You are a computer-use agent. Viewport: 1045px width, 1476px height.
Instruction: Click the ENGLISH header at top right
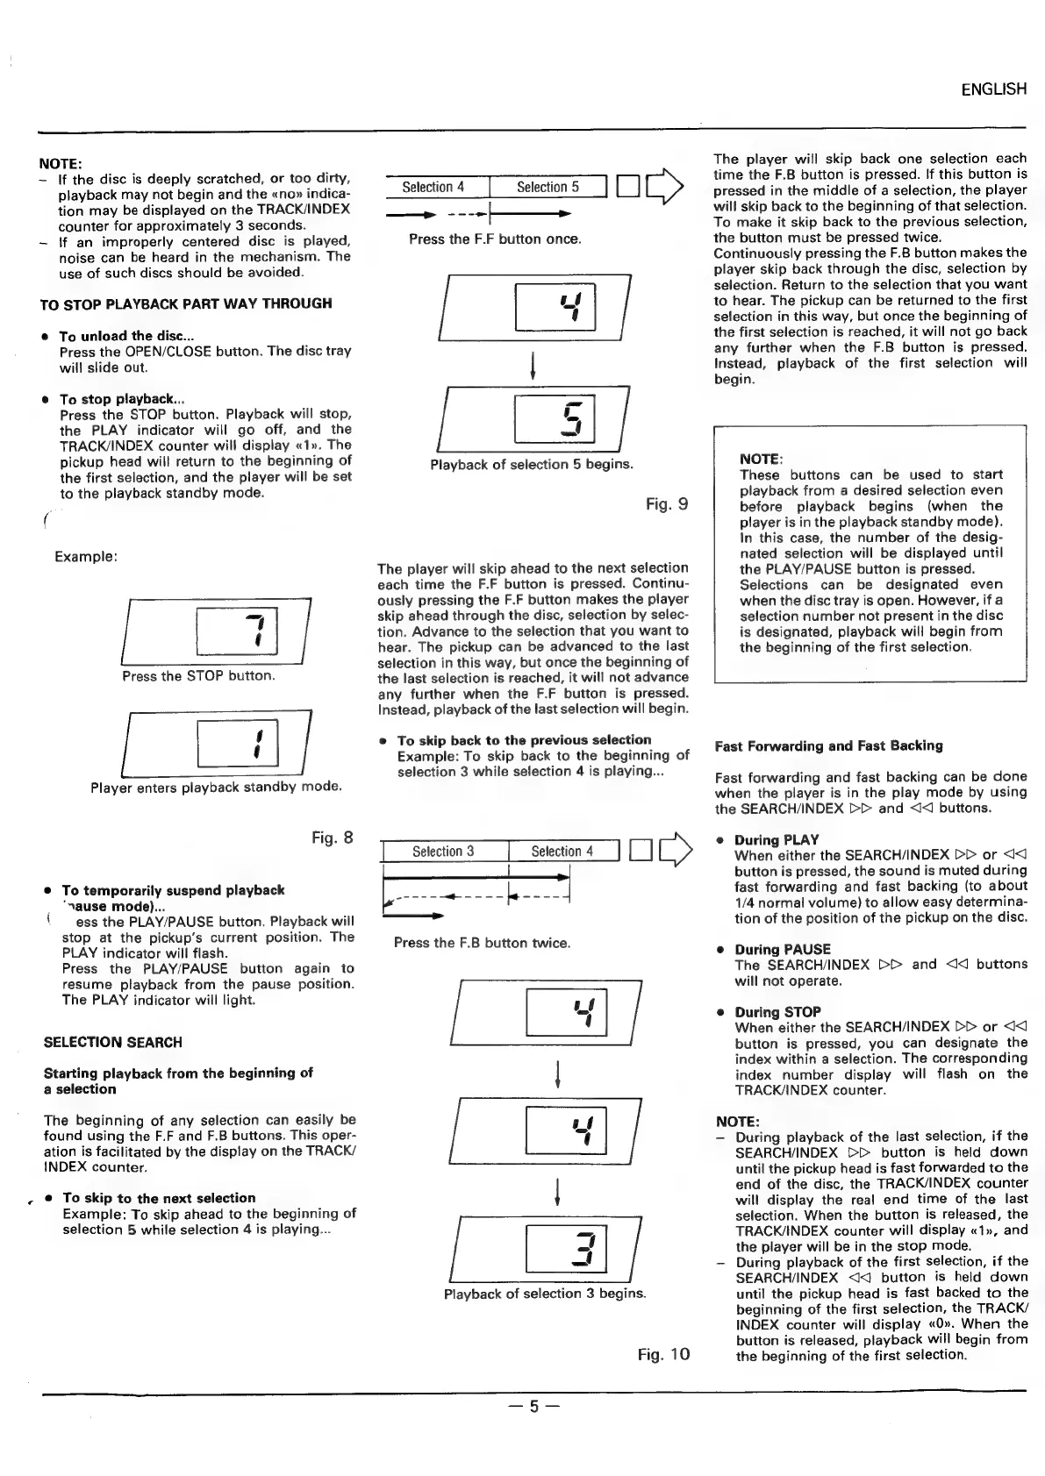tap(993, 89)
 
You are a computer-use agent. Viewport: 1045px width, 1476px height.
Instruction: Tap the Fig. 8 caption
tap(333, 838)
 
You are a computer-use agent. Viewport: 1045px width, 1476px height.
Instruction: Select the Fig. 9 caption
tap(666, 504)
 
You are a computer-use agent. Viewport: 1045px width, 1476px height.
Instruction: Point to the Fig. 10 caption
tap(663, 1354)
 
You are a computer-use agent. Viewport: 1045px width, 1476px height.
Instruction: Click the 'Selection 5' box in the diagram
tap(548, 188)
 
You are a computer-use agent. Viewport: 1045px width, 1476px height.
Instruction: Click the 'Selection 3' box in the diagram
tap(443, 852)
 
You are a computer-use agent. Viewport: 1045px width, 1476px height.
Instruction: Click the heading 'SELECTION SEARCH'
tap(113, 1043)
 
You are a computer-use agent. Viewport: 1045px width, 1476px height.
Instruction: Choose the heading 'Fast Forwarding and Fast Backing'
tap(828, 746)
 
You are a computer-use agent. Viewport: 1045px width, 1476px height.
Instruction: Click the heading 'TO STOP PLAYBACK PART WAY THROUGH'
tap(186, 304)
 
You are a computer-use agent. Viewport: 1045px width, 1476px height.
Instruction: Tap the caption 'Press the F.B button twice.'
tap(482, 944)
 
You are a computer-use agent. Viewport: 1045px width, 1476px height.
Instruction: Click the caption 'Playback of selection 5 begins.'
tap(531, 465)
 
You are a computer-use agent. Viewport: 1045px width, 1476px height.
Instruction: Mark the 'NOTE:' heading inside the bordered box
tap(761, 460)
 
